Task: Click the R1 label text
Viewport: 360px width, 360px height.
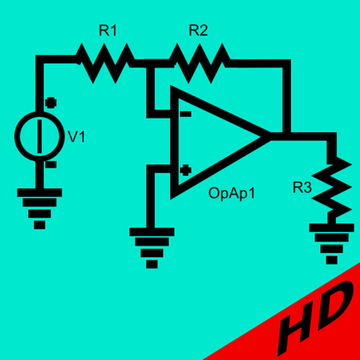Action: point(108,31)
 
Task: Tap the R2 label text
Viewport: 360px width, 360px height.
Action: point(198,30)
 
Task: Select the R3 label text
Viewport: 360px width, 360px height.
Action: point(302,187)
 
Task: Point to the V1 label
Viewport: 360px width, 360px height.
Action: point(76,137)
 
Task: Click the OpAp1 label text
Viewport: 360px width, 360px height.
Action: point(231,193)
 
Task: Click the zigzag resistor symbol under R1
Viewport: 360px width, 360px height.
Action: point(105,63)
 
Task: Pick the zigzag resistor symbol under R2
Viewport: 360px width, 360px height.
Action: point(200,63)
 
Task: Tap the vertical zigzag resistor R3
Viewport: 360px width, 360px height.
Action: point(332,191)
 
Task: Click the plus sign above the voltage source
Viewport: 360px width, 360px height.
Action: point(51,103)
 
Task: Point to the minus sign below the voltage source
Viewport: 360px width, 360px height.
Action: point(51,165)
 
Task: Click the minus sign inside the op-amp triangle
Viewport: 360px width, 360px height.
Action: point(186,114)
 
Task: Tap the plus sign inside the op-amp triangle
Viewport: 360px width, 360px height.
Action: point(186,170)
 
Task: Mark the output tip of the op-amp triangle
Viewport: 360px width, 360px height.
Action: point(270,137)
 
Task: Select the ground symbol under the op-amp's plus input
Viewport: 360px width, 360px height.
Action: point(152,248)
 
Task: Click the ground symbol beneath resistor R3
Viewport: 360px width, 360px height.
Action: point(332,244)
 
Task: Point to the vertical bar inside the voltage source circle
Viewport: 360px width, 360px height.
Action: point(41,136)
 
